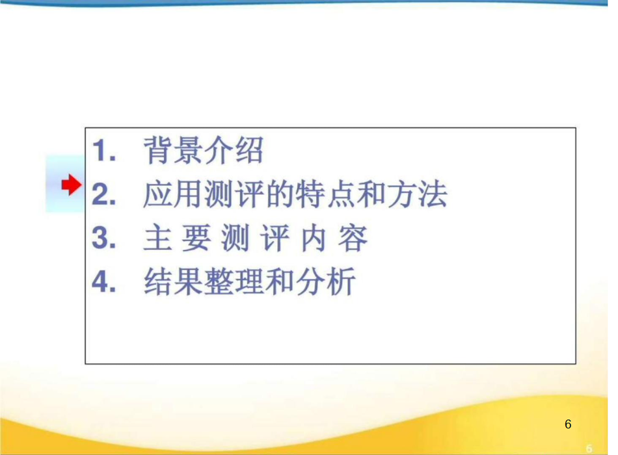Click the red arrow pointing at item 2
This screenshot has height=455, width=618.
(x=72, y=185)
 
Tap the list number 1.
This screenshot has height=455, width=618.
(x=103, y=151)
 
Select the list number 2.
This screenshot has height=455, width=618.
(x=103, y=194)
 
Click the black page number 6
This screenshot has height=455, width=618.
(x=568, y=424)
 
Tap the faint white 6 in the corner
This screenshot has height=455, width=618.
(x=589, y=448)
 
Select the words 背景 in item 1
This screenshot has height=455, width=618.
(x=173, y=150)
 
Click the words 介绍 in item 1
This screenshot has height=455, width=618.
(x=234, y=150)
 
